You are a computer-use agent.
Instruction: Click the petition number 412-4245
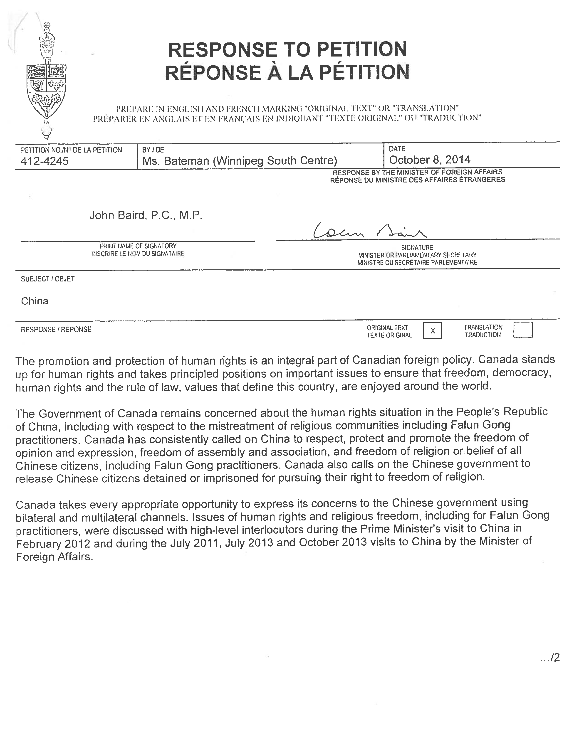[45, 161]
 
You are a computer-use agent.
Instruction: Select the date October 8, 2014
[430, 160]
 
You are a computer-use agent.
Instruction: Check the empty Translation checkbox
[523, 330]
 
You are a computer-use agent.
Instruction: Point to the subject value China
[35, 301]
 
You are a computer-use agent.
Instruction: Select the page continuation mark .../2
[549, 658]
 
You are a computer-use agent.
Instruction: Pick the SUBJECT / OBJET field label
[48, 279]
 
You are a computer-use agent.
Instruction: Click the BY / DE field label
[153, 150]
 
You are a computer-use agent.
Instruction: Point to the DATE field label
[397, 149]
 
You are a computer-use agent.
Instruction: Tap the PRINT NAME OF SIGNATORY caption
[138, 246]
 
